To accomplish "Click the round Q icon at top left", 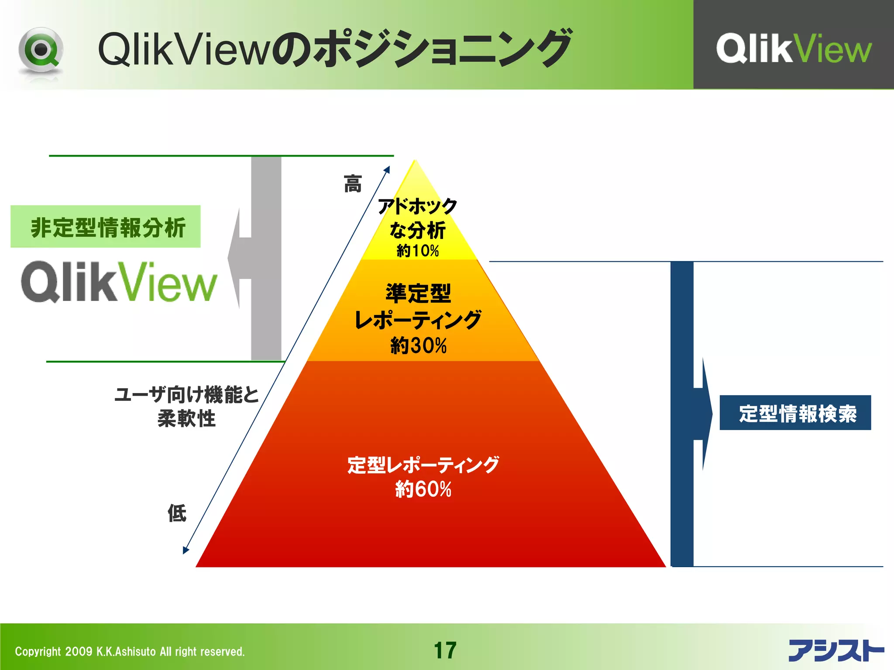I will click(41, 50).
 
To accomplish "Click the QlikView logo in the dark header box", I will click(793, 48).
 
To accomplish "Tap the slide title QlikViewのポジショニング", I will click(334, 49).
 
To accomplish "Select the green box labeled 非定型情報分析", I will click(106, 227).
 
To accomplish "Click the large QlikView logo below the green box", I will click(119, 282).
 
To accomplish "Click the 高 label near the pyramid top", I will click(352, 184).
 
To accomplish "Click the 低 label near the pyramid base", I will click(177, 513).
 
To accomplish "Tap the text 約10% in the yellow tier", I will click(417, 251).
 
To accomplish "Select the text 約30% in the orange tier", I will click(418, 345).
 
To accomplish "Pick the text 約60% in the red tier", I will click(423, 489).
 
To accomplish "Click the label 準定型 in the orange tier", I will click(418, 293).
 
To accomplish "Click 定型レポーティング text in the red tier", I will click(423, 465).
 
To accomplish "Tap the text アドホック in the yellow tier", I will click(417, 206).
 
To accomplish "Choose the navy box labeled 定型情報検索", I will click(795, 413).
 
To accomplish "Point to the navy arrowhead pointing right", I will click(706, 414).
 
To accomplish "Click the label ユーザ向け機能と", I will click(187, 394).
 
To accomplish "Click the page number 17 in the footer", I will click(445, 650).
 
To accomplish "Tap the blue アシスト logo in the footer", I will click(836, 650).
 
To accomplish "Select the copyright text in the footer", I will click(130, 652).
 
